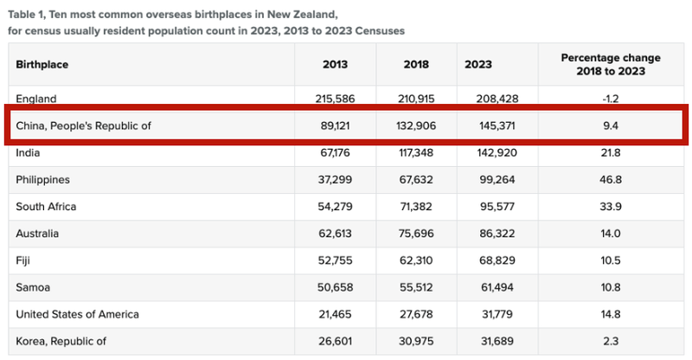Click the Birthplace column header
[42, 64]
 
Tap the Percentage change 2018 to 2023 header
[611, 64]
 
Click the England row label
[35, 100]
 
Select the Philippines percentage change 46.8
[611, 180]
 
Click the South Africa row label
[46, 207]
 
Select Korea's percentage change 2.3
[611, 341]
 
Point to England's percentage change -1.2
[611, 100]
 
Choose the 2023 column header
[479, 64]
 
